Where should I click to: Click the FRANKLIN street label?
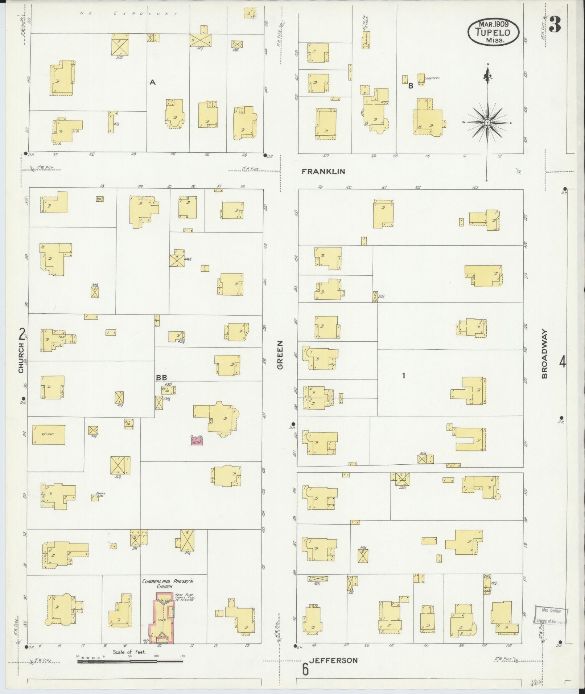tap(324, 172)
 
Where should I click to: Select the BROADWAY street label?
tap(545, 354)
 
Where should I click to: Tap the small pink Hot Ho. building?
tap(197, 441)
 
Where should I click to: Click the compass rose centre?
tap(487, 123)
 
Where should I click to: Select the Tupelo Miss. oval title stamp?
tap(493, 32)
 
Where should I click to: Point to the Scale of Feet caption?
tap(129, 652)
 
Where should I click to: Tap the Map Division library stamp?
tap(551, 616)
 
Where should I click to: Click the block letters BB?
tap(161, 377)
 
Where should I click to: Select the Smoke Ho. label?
tap(100, 494)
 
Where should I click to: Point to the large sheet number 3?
tap(555, 25)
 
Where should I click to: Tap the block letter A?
tap(153, 83)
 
